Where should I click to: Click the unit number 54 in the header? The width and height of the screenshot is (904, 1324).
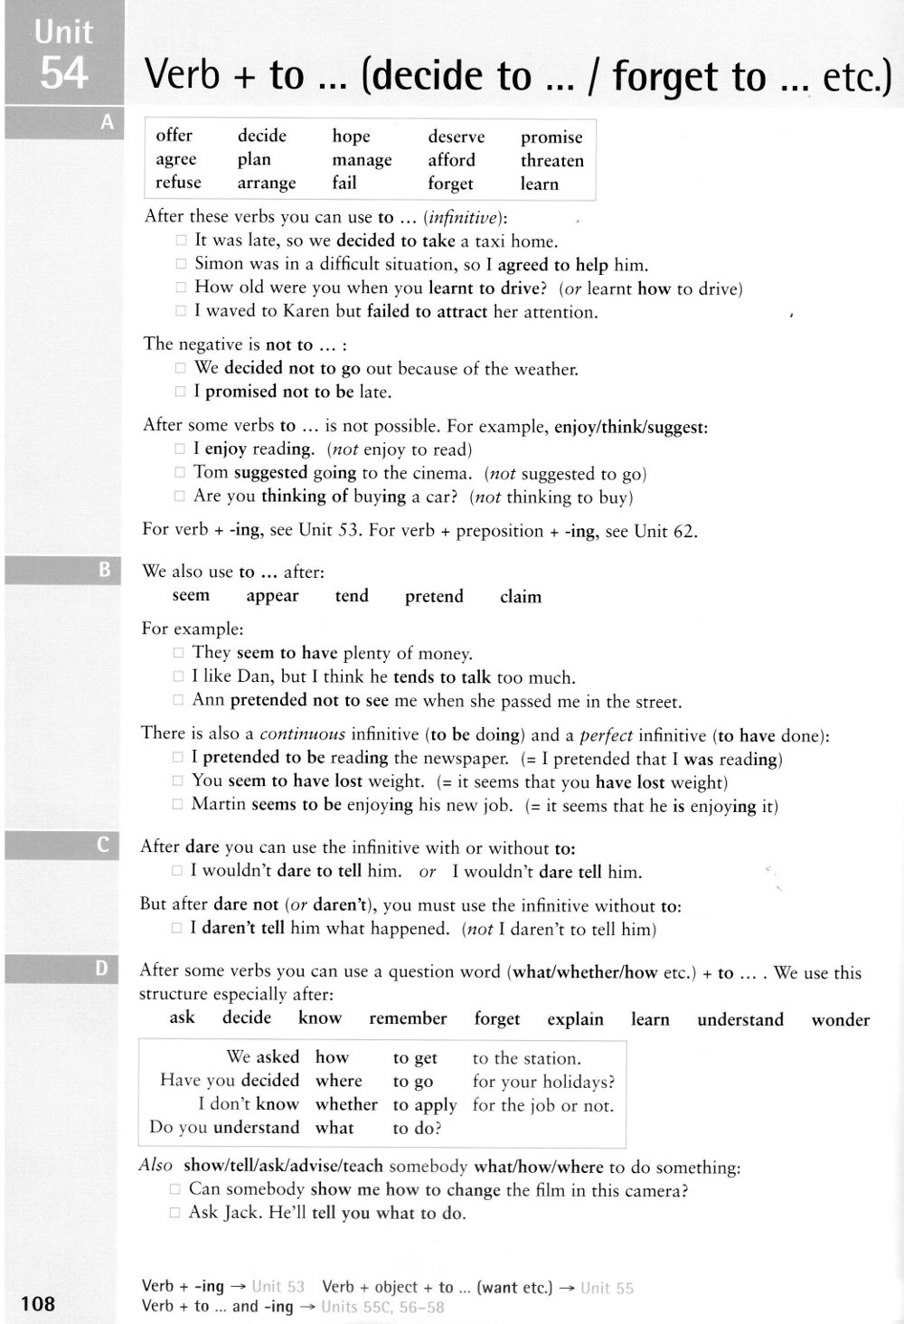click(63, 73)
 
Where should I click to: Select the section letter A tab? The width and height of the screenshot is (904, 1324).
click(108, 122)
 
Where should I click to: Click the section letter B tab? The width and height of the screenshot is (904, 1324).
click(104, 570)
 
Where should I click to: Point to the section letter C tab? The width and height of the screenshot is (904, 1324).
click(103, 846)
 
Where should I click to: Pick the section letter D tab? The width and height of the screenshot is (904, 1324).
click(101, 969)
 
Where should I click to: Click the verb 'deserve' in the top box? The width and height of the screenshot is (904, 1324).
click(456, 137)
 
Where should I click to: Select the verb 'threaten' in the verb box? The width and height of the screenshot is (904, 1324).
click(551, 160)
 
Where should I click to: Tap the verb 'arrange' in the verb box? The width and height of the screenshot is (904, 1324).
click(266, 183)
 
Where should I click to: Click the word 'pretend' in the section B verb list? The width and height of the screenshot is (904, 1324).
click(434, 596)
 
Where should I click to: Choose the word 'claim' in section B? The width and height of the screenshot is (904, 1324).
click(521, 597)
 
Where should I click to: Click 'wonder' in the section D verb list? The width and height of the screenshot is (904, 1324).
click(840, 1019)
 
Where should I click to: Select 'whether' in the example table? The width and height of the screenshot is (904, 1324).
click(346, 1104)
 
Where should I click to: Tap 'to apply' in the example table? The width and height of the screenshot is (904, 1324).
click(425, 1105)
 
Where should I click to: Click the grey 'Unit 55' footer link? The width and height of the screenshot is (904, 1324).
click(607, 1288)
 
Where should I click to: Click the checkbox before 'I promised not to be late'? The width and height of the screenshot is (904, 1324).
click(181, 392)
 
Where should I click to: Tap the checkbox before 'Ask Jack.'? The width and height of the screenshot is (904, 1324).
click(175, 1213)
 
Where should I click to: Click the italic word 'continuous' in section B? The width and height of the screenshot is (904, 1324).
click(303, 733)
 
